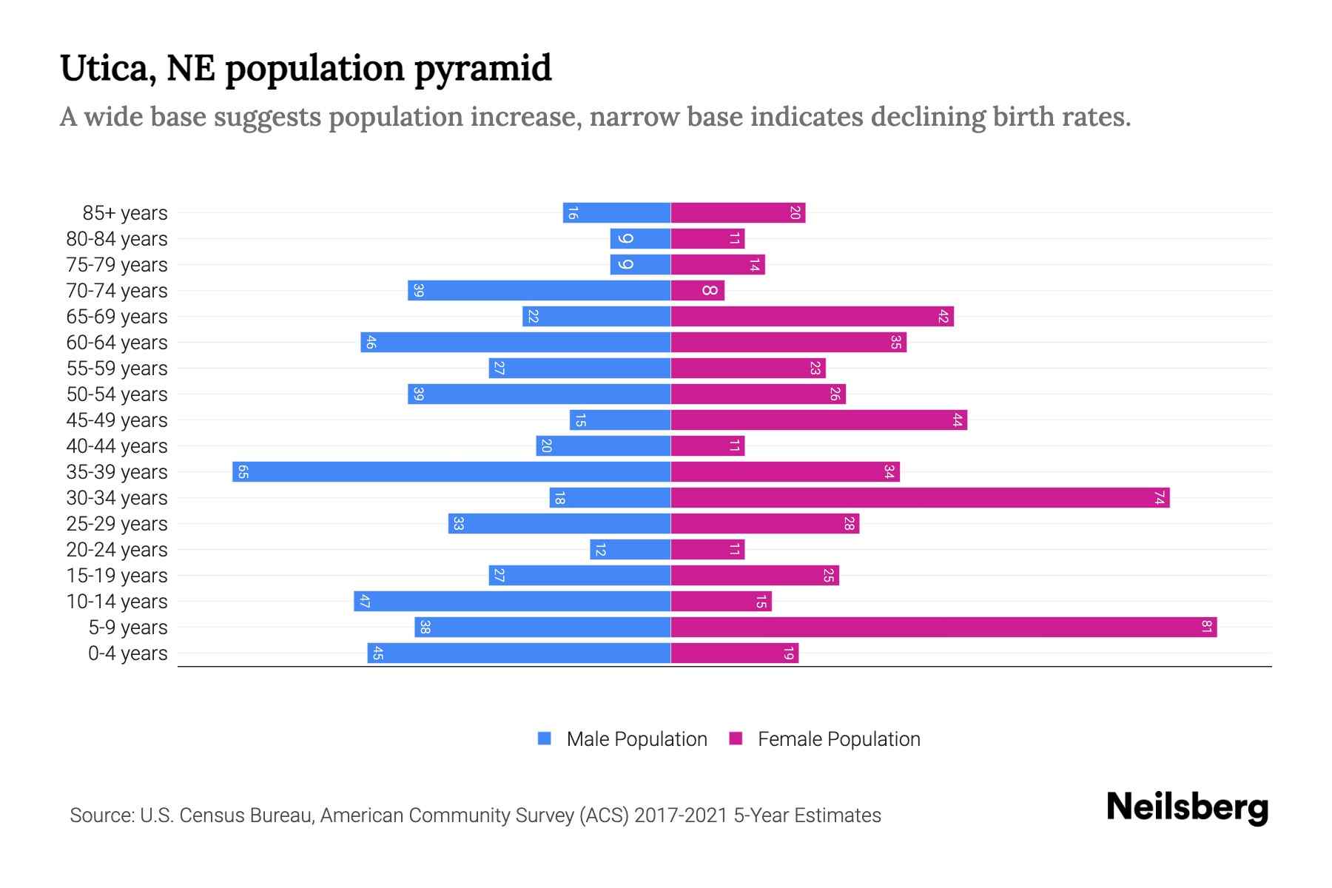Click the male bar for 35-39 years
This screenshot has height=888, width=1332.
click(451, 472)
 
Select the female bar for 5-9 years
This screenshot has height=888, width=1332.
click(943, 628)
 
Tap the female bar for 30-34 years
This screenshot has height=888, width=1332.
click(920, 498)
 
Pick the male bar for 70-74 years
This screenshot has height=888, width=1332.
click(539, 291)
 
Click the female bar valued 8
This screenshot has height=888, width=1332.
click(698, 291)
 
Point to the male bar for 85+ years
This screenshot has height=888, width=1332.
click(616, 213)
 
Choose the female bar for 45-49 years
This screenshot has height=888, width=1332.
click(818, 420)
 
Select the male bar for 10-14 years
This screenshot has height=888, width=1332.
click(512, 602)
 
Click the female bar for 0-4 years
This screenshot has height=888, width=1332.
click(735, 653)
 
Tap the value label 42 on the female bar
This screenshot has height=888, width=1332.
click(943, 317)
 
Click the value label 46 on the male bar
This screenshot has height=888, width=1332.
click(371, 343)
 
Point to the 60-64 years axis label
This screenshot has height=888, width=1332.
click(117, 343)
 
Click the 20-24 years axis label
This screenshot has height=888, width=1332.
click(117, 550)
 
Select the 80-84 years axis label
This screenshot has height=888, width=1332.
click(117, 239)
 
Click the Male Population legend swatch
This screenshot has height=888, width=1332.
click(545, 739)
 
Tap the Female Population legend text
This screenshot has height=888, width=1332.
click(838, 739)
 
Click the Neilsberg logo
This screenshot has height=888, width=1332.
click(1187, 807)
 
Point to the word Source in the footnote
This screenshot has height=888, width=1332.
click(101, 815)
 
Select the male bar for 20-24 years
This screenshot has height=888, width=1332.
click(630, 550)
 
